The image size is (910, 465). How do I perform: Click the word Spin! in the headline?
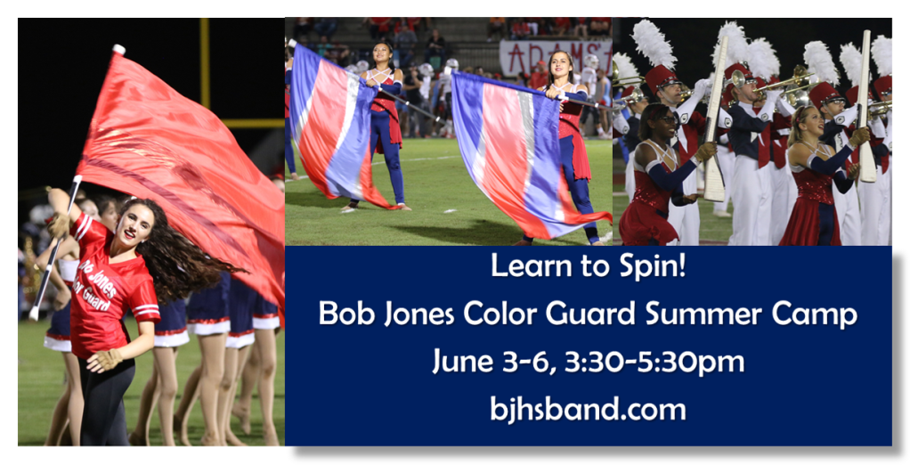pos(654,267)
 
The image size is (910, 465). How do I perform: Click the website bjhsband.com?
pos(588,409)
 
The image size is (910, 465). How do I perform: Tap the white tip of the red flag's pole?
pos(118,49)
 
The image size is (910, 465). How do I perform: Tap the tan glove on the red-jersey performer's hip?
pos(104,360)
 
